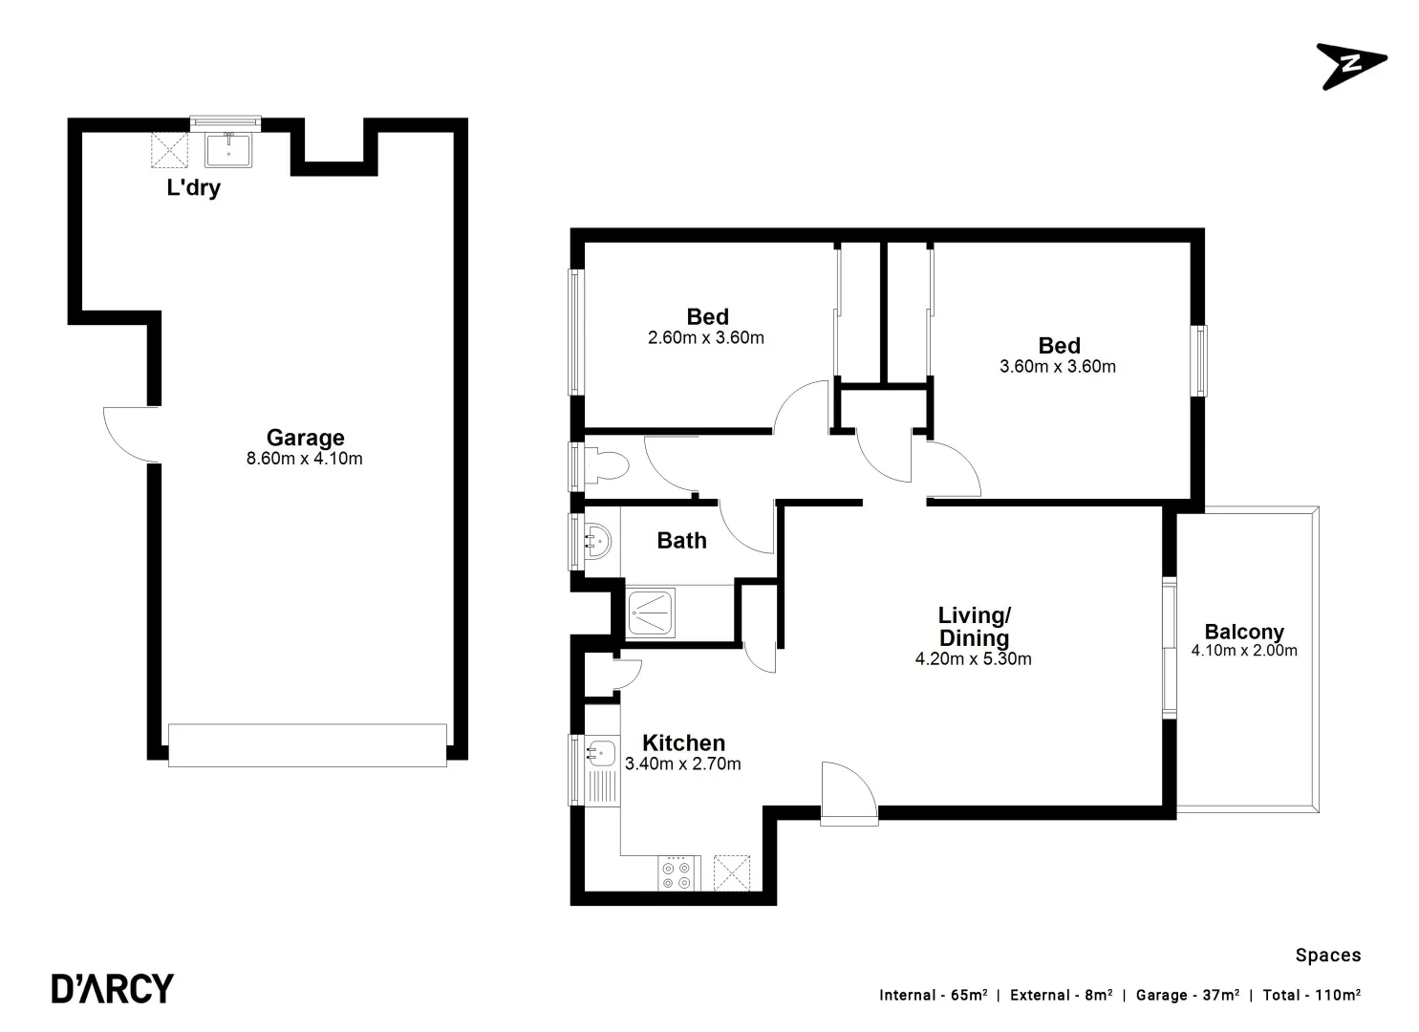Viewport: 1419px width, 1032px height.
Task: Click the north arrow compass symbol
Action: tap(1350, 65)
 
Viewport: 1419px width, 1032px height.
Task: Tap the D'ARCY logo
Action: tap(113, 988)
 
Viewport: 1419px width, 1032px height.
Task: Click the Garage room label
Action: tap(305, 438)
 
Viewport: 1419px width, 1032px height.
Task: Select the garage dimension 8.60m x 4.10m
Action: tap(305, 459)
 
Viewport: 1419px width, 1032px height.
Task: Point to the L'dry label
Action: tap(194, 187)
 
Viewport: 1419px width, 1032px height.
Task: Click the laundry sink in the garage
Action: tap(228, 150)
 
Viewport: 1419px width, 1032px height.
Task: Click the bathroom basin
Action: tap(598, 540)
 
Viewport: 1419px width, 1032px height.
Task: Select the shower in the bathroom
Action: tap(652, 613)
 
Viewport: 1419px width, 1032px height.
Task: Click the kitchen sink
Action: tap(600, 753)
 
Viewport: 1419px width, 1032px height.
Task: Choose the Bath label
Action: tap(681, 541)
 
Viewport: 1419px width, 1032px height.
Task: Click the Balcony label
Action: tap(1244, 632)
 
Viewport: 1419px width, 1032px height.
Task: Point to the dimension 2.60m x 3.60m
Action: tap(706, 338)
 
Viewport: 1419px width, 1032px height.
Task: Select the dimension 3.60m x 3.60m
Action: tap(1058, 367)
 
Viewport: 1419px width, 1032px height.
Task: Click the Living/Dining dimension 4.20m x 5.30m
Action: tap(973, 659)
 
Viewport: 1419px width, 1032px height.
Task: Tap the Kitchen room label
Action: tap(683, 742)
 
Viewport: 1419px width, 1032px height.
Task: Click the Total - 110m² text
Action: tap(1311, 996)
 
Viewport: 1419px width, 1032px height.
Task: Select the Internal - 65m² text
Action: tap(934, 996)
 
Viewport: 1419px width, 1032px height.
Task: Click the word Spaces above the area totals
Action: tap(1327, 956)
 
